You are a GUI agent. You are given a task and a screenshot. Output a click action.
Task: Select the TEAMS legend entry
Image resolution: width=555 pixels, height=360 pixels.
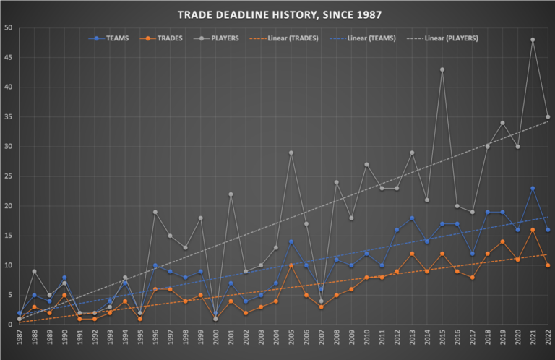coord(116,38)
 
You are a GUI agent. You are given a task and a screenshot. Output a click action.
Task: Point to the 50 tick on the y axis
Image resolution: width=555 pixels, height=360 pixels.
coord(8,28)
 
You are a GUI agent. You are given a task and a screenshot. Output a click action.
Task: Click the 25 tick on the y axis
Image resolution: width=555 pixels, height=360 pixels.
coord(8,176)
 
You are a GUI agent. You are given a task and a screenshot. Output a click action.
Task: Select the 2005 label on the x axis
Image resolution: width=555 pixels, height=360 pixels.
coord(291,338)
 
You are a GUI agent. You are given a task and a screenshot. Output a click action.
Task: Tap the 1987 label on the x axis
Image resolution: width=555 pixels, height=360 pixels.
coord(20,338)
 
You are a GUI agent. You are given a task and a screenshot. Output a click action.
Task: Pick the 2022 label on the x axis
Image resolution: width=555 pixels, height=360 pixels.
coord(548,338)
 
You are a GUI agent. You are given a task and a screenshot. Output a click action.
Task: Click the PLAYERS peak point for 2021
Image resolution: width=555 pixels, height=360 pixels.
coord(533,40)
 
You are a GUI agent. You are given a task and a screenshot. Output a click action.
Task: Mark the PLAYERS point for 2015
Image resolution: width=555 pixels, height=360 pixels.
coord(442,69)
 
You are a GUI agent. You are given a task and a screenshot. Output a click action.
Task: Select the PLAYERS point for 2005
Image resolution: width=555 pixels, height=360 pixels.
coord(291,153)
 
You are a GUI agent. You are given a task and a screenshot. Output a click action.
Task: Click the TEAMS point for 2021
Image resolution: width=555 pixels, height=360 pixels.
coord(533,188)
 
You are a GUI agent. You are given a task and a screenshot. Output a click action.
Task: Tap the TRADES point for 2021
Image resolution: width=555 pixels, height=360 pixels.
coord(533,230)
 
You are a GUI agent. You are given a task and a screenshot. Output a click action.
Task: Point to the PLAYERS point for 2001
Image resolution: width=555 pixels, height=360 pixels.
coord(231,194)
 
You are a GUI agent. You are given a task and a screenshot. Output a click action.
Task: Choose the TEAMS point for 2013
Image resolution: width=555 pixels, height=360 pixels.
coord(412,218)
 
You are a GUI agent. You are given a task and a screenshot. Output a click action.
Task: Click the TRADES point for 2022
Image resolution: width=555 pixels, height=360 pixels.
coord(548,265)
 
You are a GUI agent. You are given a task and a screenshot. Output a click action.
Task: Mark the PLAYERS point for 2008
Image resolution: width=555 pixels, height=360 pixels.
coord(336,182)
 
